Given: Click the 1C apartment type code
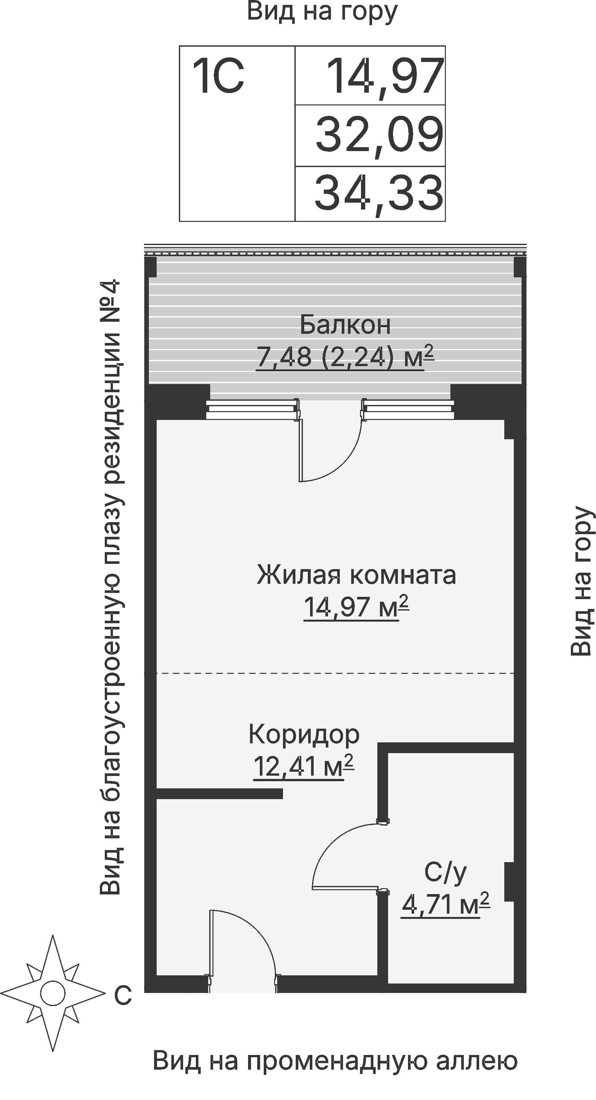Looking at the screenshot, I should (x=218, y=77).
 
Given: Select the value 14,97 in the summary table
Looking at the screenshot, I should (x=386, y=77).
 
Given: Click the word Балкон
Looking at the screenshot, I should (x=345, y=325).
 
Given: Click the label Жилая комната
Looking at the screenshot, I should (x=356, y=575).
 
